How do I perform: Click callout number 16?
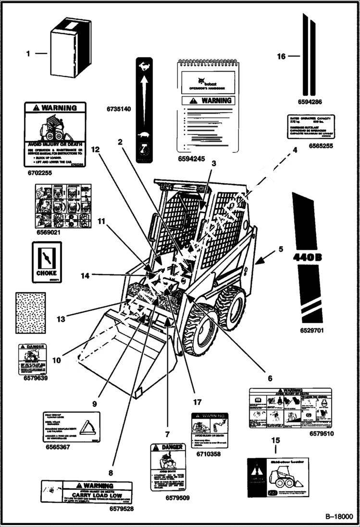coord(281,57)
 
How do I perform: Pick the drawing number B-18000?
coord(338,516)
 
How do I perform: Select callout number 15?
coord(275,440)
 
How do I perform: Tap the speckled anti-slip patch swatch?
coord(31,313)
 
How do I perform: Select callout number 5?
coord(281,249)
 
